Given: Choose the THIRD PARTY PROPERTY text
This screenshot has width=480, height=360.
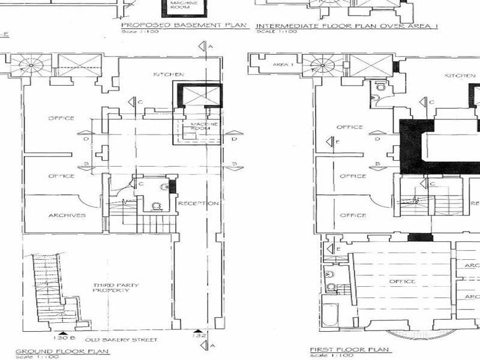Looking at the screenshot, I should [111, 287].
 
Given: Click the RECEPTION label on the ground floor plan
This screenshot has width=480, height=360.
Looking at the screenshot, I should [198, 203].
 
